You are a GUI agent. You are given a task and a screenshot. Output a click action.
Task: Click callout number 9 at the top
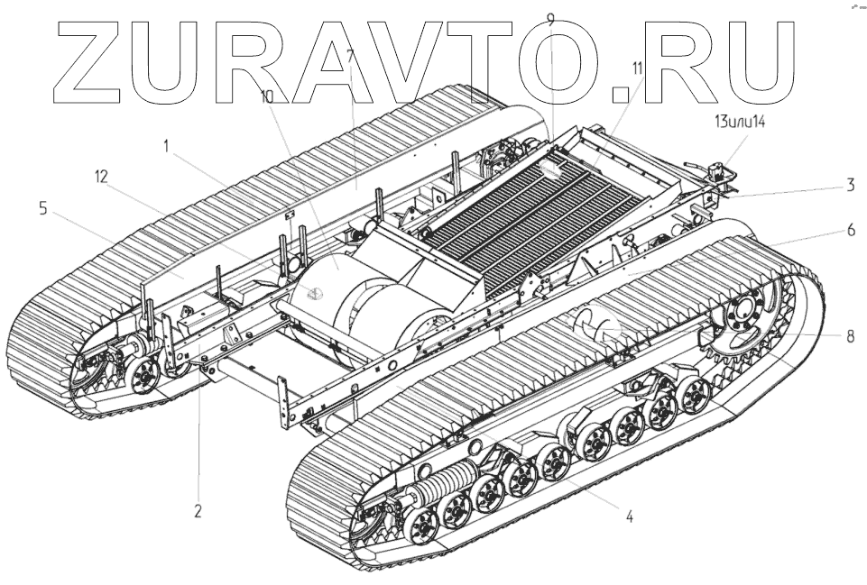(551, 19)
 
